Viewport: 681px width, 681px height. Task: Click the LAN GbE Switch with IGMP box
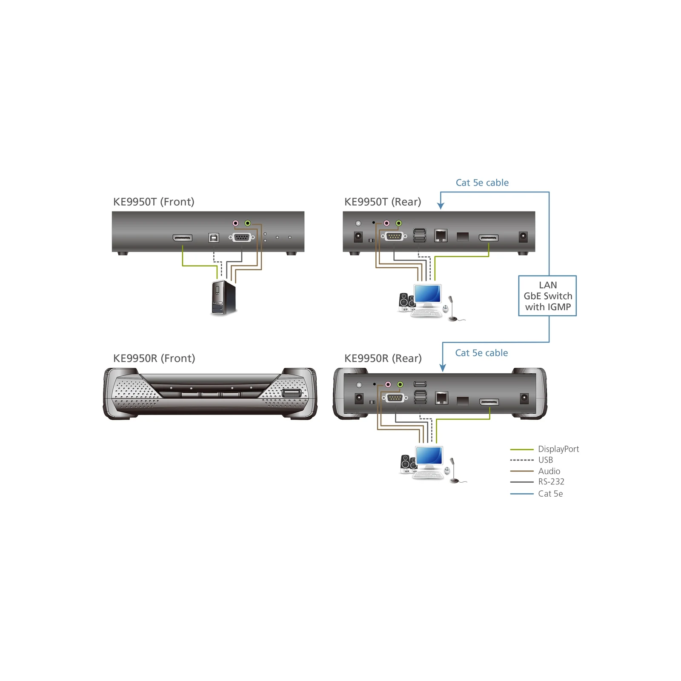(547, 296)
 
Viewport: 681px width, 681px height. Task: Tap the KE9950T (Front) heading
(154, 202)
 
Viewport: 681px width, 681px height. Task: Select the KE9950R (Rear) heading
(383, 358)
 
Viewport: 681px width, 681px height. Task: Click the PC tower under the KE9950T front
(223, 298)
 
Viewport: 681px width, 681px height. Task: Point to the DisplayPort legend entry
(545, 449)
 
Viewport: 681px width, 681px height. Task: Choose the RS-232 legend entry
(537, 482)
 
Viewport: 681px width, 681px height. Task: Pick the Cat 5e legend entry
(536, 494)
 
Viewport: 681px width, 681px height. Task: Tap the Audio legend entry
(535, 471)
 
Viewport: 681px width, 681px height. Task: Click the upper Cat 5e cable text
(482, 183)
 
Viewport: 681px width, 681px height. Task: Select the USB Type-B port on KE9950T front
(214, 237)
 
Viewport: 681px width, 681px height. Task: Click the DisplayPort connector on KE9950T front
(183, 238)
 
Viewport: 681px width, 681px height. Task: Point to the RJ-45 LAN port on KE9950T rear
(441, 235)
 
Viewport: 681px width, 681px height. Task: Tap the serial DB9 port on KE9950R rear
(395, 398)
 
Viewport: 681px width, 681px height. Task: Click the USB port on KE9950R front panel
(292, 393)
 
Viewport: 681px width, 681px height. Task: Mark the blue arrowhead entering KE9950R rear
(443, 368)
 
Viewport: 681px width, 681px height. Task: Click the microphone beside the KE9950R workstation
(454, 470)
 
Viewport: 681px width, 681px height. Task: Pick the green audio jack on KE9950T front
(248, 223)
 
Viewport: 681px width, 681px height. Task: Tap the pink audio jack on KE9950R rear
(388, 384)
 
